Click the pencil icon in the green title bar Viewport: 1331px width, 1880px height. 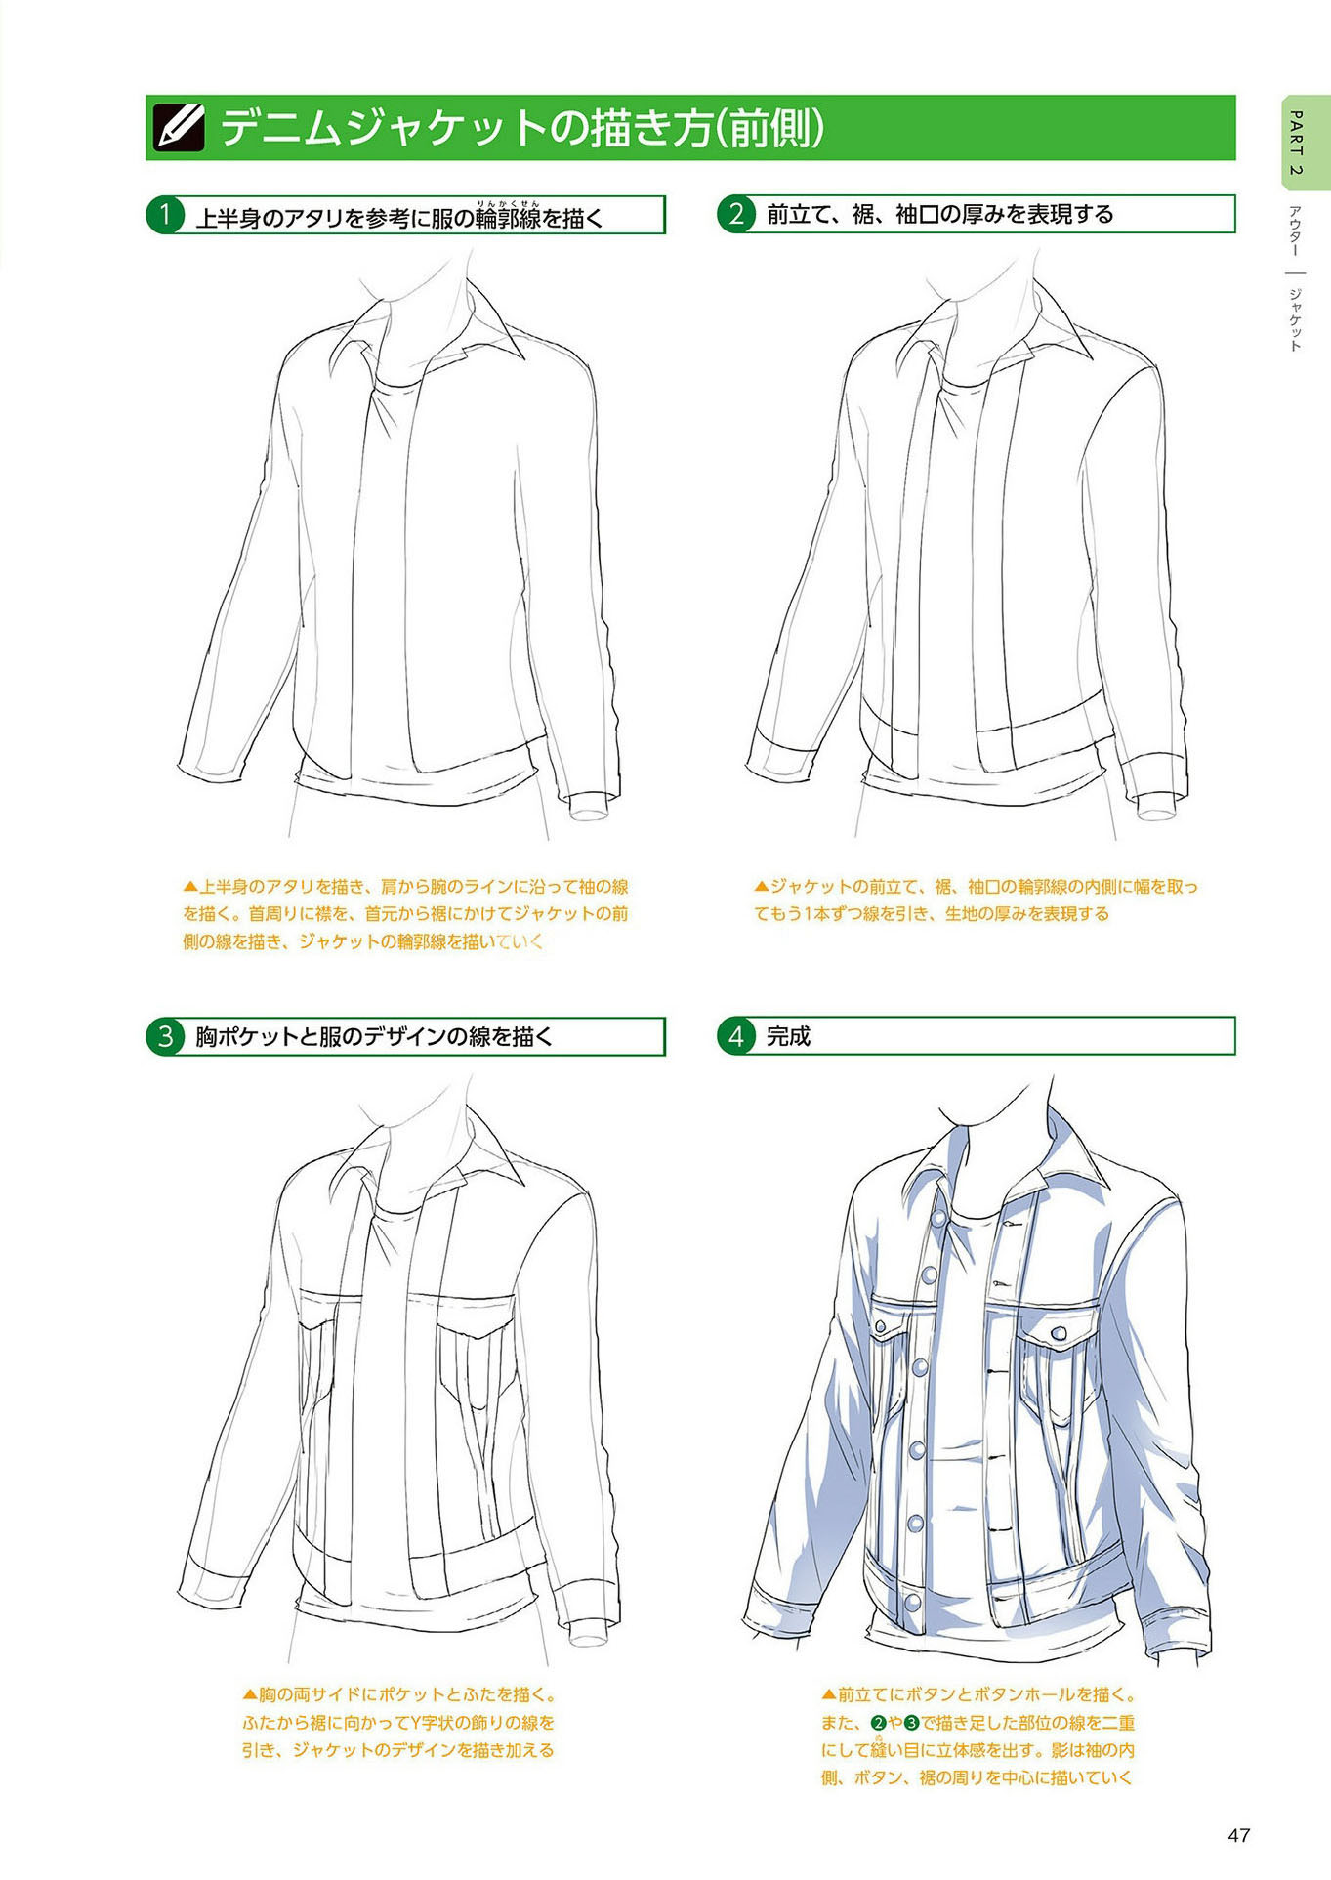pos(180,128)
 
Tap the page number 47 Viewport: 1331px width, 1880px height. pos(1238,1835)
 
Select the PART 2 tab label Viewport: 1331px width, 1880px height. pos(1296,143)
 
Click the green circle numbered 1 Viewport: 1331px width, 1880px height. pos(165,215)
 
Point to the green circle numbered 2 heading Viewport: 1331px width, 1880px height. pos(736,214)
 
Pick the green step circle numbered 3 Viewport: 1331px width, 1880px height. pos(165,1036)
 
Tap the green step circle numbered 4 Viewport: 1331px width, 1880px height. pos(736,1036)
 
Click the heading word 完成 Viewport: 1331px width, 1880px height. pos(788,1036)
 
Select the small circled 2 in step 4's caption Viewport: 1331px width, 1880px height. pos(878,1723)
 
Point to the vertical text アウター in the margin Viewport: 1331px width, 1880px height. pos(1296,230)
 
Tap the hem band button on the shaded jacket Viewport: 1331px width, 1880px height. pos(912,1603)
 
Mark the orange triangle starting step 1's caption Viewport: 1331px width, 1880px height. pos(190,887)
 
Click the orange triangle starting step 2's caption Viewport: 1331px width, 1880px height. pos(762,887)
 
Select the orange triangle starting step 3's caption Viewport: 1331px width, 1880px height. pos(250,1695)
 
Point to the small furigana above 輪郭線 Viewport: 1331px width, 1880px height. pos(508,202)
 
